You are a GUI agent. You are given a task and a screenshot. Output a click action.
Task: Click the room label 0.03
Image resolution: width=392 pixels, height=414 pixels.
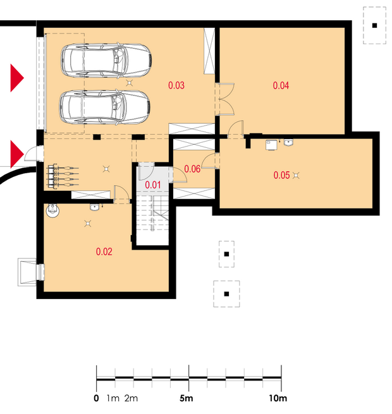[176, 85]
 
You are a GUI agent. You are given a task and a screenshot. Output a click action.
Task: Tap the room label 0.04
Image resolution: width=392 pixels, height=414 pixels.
[281, 85]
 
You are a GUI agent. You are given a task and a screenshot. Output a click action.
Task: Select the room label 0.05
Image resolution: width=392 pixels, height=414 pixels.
[281, 175]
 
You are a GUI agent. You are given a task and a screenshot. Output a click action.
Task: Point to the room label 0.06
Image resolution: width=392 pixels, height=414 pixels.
[192, 169]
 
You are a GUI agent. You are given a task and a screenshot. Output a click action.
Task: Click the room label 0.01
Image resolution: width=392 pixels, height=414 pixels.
[153, 185]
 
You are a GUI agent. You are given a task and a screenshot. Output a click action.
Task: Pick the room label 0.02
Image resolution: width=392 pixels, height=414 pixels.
[104, 252]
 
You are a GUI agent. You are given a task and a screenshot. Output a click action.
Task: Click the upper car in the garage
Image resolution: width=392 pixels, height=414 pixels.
[106, 60]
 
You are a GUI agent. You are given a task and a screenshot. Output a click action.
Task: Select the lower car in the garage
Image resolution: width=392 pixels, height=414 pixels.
[105, 107]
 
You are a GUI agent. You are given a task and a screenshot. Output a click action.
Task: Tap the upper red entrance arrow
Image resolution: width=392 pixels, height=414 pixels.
[17, 78]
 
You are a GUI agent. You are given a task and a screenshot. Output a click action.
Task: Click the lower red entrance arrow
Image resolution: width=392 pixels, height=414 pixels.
[17, 154]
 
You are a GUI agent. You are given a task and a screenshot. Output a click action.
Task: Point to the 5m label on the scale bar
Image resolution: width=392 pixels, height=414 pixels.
[187, 398]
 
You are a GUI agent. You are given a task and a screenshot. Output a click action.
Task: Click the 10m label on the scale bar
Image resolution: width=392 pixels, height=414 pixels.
[278, 398]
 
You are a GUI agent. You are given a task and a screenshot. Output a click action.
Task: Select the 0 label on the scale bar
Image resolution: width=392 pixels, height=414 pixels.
[96, 398]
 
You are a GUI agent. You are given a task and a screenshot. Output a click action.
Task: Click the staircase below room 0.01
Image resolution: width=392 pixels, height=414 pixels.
[152, 213]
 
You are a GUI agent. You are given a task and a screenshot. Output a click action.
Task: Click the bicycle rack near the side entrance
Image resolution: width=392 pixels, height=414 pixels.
[63, 176]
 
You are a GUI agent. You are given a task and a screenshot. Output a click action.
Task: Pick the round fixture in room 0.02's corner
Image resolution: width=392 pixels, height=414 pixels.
[52, 210]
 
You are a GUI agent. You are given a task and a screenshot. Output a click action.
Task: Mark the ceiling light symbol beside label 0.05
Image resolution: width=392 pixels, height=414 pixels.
[296, 175]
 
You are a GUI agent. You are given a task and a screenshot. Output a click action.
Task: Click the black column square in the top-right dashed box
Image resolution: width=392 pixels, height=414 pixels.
[374, 26]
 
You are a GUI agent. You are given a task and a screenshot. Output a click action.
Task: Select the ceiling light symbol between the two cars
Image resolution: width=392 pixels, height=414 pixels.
[129, 83]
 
